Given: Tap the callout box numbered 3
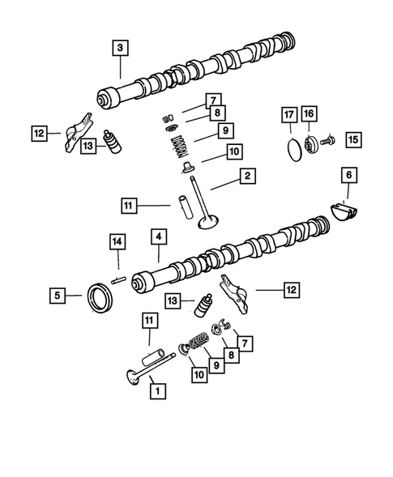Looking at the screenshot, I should click(x=120, y=49).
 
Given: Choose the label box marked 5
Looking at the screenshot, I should click(x=58, y=296).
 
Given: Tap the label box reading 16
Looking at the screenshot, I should click(x=309, y=114).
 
